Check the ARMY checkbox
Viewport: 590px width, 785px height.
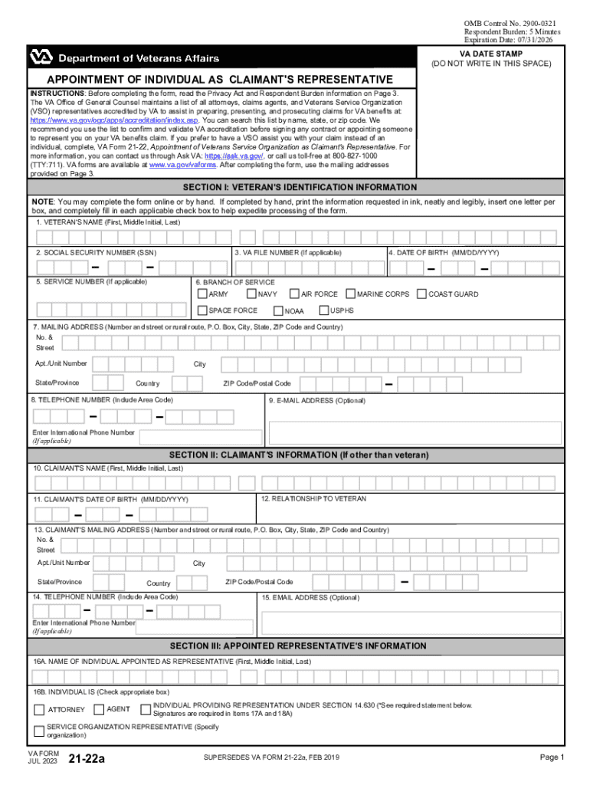(202, 294)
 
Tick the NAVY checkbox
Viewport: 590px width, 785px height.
(251, 294)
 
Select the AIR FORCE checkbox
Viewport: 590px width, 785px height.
(294, 294)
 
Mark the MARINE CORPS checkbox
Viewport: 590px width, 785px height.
(350, 294)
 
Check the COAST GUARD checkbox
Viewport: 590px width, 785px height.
(421, 294)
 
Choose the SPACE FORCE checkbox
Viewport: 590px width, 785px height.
(202, 310)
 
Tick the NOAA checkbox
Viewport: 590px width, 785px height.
(278, 310)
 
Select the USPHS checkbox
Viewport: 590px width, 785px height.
(323, 310)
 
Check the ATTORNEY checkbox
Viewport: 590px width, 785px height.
(40, 709)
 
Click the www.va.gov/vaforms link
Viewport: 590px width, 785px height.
(183, 165)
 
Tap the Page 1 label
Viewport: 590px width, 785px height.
(552, 757)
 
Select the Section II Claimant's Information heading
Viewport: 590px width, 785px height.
(300, 455)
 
